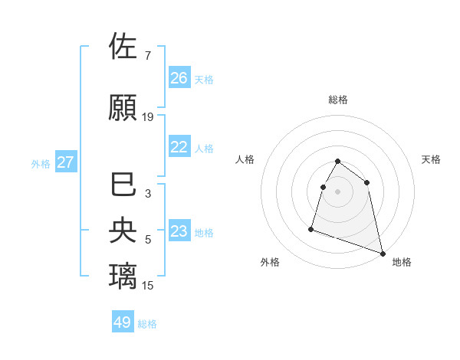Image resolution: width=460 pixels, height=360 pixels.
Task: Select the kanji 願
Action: [x=123, y=106]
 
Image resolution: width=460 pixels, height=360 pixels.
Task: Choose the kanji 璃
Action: [x=123, y=274]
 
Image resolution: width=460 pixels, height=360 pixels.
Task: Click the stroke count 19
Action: [x=148, y=117]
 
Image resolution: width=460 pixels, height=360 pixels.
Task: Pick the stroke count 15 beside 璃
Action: [x=148, y=286]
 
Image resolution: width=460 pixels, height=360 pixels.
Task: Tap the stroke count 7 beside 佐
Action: [x=147, y=56]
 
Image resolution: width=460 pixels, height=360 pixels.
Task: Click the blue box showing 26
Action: [x=179, y=78]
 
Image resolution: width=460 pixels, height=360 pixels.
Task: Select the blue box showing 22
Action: [x=179, y=147]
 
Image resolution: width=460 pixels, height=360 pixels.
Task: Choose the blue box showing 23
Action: [x=179, y=231]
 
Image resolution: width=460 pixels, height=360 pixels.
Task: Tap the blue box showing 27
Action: [x=66, y=162]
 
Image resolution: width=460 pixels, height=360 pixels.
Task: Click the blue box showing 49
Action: [x=123, y=322]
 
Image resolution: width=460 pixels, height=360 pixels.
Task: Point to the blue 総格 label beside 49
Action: [x=147, y=324]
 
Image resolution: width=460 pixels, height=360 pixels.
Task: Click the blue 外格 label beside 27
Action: [x=41, y=163]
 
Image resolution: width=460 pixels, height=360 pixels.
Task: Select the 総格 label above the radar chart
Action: [x=338, y=100]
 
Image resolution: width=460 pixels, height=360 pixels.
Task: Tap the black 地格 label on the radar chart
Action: [x=402, y=262]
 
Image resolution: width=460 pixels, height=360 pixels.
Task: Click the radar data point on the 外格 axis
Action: [x=311, y=228]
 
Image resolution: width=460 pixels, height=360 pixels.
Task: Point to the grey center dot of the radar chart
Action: [x=337, y=191]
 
